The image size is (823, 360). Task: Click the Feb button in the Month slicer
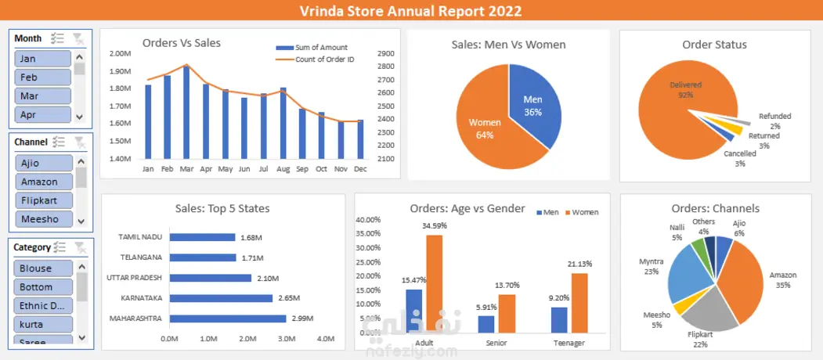pos(43,77)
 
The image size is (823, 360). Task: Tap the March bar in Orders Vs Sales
pos(186,113)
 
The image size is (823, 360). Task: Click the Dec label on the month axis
pos(360,169)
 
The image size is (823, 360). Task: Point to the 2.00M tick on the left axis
pos(120,54)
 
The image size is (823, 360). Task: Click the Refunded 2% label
pos(774,121)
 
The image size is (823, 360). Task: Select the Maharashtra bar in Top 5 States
pos(227,319)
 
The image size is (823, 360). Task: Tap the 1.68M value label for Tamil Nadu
pos(251,237)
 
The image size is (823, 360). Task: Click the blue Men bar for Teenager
pos(559,319)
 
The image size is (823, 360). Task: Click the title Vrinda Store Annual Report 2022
pos(411,11)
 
